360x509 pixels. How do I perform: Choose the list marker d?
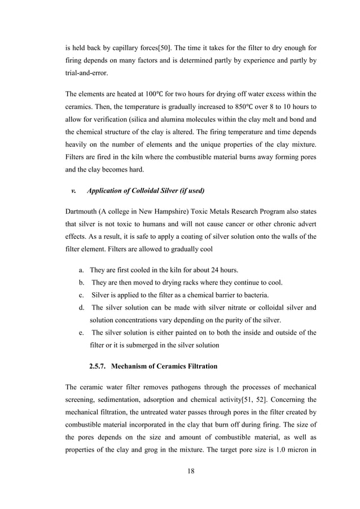[82, 308]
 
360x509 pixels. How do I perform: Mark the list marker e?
[82, 332]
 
